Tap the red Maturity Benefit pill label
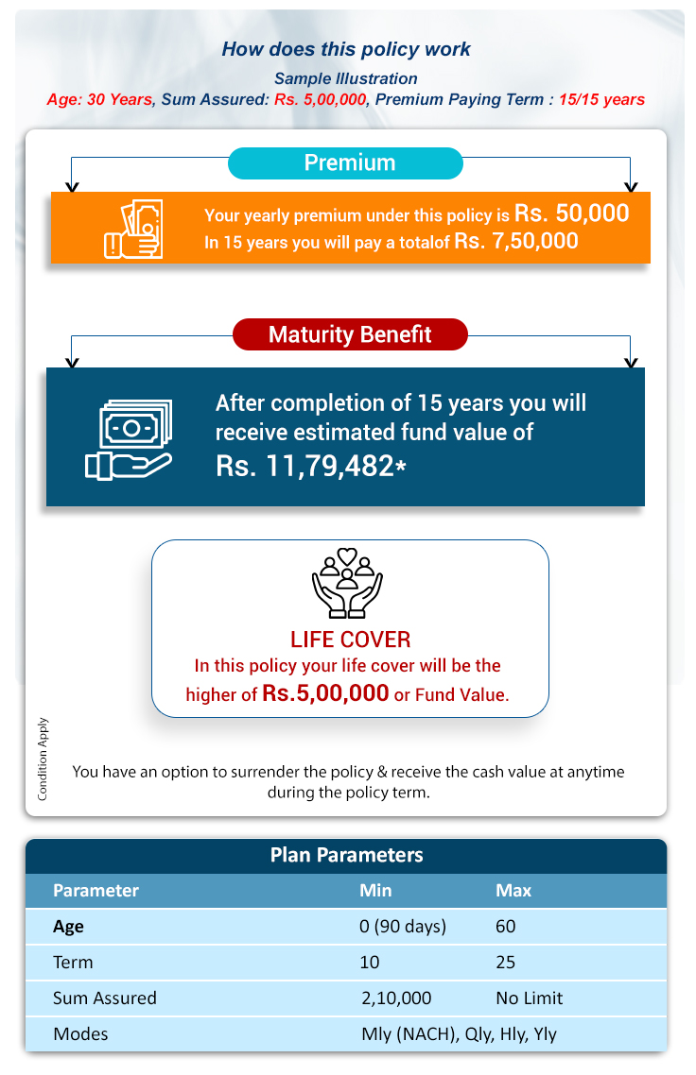coord(350,334)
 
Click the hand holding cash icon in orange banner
coord(132,229)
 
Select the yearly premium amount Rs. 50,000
coord(571,213)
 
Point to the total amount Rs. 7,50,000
coord(516,241)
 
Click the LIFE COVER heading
coord(350,640)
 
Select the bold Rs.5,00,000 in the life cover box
coord(325,693)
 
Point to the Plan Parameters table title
coord(346,856)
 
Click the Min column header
coord(375,891)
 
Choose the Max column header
coord(513,891)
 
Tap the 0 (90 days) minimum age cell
coord(402,927)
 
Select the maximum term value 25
coord(506,963)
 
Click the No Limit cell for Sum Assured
coord(529,998)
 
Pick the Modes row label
coord(80,1034)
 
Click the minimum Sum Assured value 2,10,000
coord(397,998)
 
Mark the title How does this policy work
coord(346,49)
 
